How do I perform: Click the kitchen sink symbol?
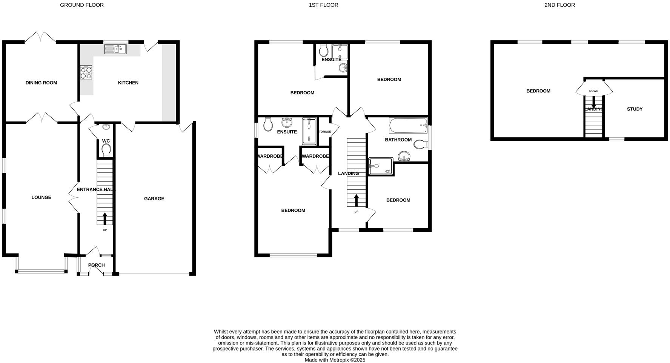click(115, 49)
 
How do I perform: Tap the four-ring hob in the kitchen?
click(86, 72)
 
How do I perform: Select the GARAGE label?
click(154, 198)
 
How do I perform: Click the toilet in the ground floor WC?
click(106, 150)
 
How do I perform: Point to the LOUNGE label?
click(41, 197)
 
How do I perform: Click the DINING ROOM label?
click(41, 83)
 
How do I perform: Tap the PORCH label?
click(96, 265)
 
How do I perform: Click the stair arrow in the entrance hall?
click(105, 219)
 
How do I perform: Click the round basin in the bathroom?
click(404, 156)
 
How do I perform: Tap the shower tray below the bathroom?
click(381, 166)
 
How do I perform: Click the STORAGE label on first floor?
click(324, 132)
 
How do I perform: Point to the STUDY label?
click(635, 109)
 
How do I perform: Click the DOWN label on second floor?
click(593, 91)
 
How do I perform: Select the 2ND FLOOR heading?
click(559, 5)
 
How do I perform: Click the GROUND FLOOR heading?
click(82, 5)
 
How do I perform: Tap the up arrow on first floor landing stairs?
click(357, 200)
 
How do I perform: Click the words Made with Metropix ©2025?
click(335, 360)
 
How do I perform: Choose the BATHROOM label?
click(398, 140)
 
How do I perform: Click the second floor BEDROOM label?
click(538, 91)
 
